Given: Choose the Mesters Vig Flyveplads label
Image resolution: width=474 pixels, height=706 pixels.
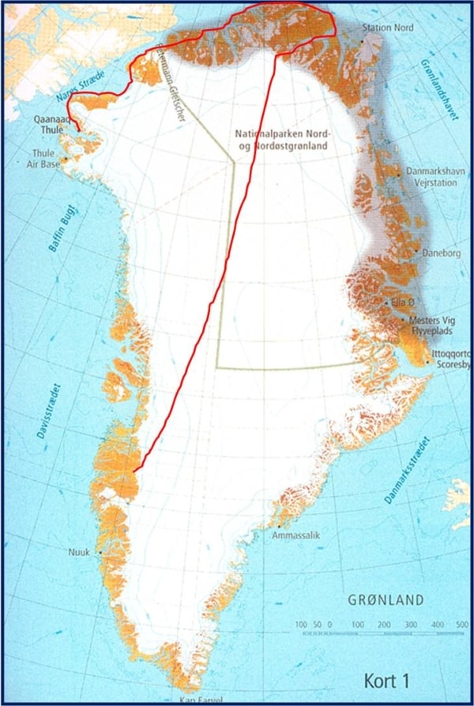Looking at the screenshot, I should (x=431, y=327).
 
